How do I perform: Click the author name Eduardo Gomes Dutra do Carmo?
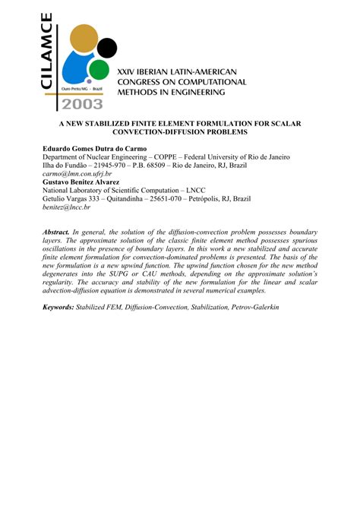click(99, 147)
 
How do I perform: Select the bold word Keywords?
click(58, 305)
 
